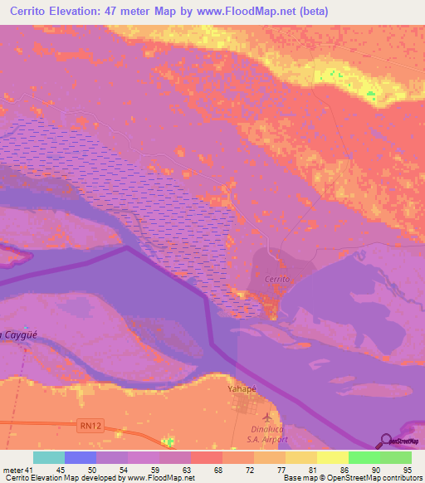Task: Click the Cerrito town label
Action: tap(276, 280)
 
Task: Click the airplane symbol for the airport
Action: tap(266, 416)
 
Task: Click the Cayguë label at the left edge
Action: tap(19, 334)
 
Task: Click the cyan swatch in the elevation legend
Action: tap(49, 457)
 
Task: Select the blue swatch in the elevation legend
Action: tap(81, 457)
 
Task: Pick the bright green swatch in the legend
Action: tap(364, 457)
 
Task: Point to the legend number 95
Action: tap(407, 469)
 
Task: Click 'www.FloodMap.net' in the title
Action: tap(251, 12)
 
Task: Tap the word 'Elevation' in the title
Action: tap(83, 12)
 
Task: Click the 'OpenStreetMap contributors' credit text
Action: tap(374, 478)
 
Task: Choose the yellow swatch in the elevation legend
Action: tap(333, 457)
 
